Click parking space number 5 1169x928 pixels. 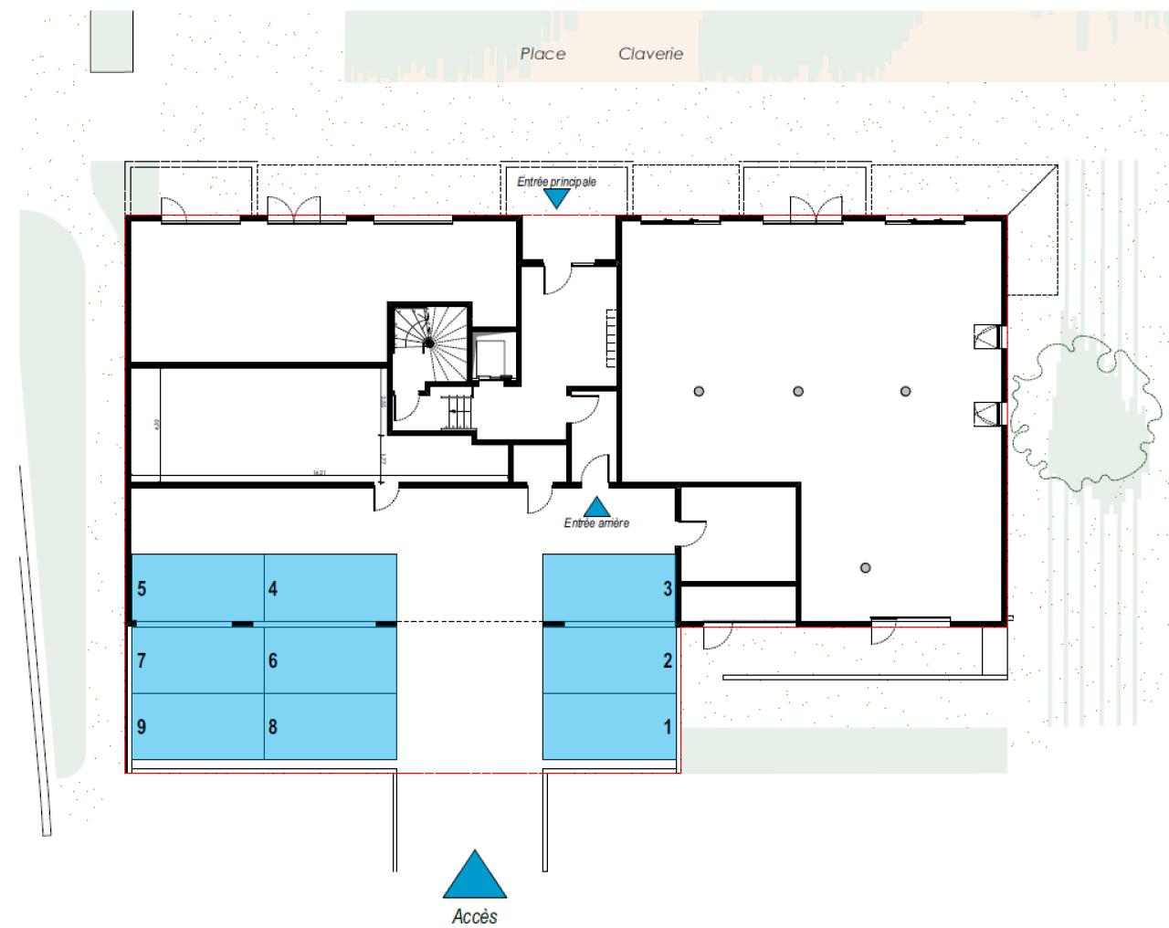point(198,588)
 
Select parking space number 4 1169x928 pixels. point(331,588)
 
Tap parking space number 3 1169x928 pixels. point(609,588)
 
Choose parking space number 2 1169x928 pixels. point(609,659)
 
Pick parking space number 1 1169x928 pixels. point(609,726)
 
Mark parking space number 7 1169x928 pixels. point(198,659)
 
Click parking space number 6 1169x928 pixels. point(331,659)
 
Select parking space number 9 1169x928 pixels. point(198,726)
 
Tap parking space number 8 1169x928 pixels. point(331,726)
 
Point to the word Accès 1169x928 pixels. point(475,916)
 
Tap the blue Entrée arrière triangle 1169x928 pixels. point(597,506)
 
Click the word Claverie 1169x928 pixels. point(650,54)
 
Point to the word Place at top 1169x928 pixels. point(542,54)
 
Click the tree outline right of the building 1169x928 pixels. point(1078,411)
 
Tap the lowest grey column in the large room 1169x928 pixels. point(865,568)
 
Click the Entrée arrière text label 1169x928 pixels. point(596,523)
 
